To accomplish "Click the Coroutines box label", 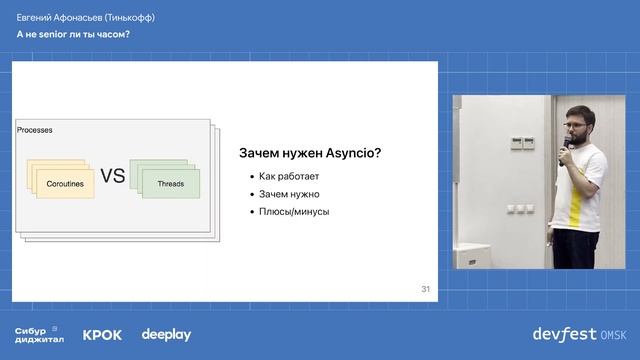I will click(x=65, y=184).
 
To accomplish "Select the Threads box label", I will click(x=171, y=184).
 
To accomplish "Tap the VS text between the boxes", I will click(x=113, y=177).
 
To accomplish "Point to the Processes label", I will click(x=35, y=131).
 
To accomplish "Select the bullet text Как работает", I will click(x=288, y=176).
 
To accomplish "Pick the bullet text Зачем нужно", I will click(x=289, y=194).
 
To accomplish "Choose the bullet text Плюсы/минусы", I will click(x=294, y=211).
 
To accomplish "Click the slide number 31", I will click(x=425, y=290).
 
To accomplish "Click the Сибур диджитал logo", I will click(x=39, y=334).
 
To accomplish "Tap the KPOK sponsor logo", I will click(x=102, y=335).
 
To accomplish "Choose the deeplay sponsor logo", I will click(x=165, y=334).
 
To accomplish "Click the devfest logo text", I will click(x=563, y=333).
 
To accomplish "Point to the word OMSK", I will click(x=613, y=333).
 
